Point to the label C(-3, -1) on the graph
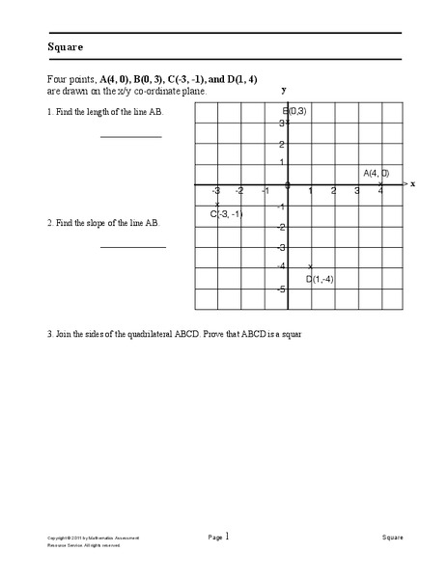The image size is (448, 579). coord(227,213)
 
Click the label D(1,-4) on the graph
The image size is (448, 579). coord(320,279)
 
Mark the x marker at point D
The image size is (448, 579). coord(310,266)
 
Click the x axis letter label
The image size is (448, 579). coord(412,182)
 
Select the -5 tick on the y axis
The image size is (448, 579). coord(280,289)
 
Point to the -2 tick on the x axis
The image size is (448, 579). coord(238,191)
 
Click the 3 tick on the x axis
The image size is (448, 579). coord(357,191)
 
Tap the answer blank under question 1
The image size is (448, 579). coord(131,138)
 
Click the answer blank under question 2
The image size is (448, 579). coord(133,248)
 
